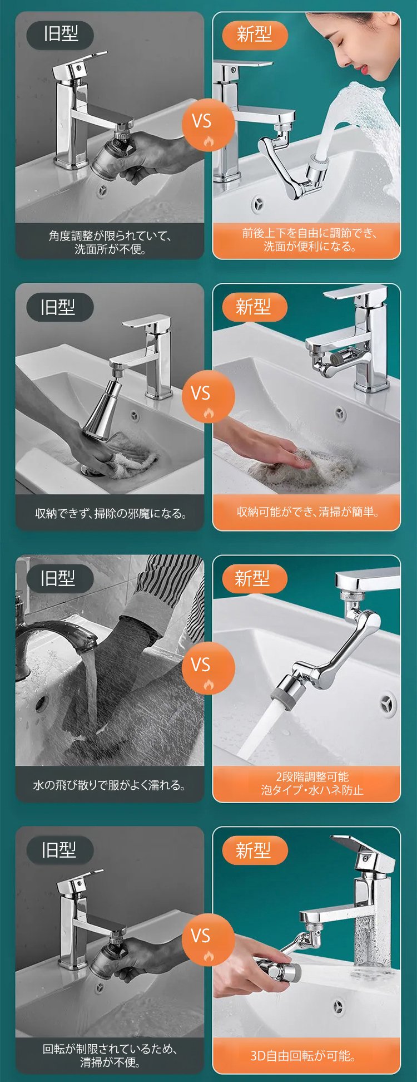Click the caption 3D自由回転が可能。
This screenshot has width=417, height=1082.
pos(303,1055)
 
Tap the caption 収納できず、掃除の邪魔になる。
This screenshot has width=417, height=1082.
pos(111,513)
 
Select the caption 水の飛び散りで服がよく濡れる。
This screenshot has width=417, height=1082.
pos(110,785)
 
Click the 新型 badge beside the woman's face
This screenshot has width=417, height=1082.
pos(255,35)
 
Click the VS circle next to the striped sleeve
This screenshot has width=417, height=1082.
pos(208,667)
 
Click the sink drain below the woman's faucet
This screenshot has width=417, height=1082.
pos(258,204)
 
